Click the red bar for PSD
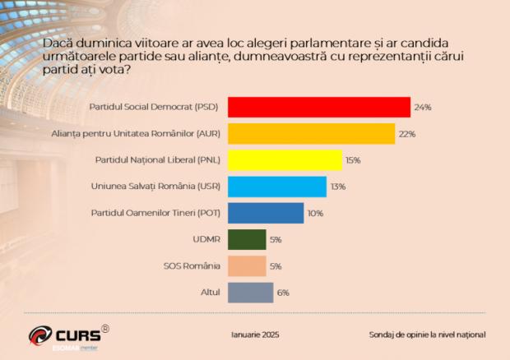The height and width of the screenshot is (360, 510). tap(318, 107)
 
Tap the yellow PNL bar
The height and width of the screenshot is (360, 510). tap(284, 159)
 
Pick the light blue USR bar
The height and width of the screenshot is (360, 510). tap(276, 187)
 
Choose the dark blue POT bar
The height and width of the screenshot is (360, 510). tap(265, 213)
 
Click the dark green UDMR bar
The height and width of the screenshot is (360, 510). tap(246, 239)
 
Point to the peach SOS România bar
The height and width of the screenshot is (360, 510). tap(246, 265)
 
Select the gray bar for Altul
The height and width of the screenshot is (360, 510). tap(249, 293)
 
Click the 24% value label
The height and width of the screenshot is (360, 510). tap(423, 108)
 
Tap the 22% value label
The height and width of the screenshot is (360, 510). tap(407, 134)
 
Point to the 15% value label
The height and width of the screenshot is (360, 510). tap(354, 160)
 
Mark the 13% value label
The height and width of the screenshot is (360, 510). tap(337, 187)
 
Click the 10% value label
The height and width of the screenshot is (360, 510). tap(315, 213)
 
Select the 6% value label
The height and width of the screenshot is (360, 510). tap(283, 293)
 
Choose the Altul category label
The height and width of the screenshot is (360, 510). tap(210, 293)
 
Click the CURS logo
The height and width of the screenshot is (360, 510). tap(66, 335)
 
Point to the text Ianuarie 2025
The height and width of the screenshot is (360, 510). tap(255, 335)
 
